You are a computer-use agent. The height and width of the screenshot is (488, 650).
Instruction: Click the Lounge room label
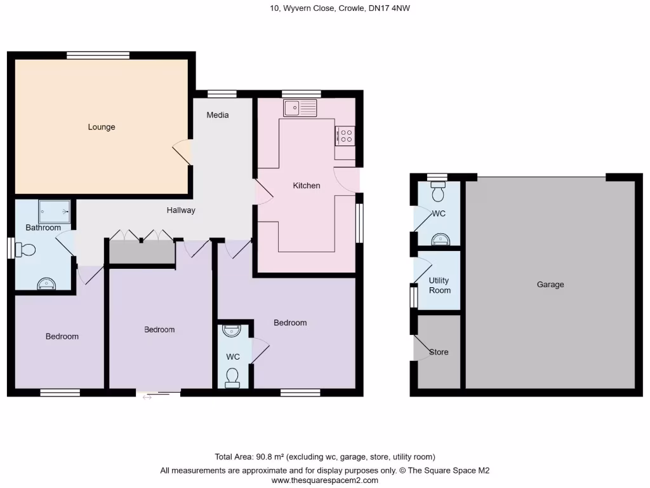click(102, 127)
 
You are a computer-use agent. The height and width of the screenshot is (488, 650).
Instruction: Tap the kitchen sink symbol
click(300, 109)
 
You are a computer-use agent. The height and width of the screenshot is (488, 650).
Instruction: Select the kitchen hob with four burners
click(345, 136)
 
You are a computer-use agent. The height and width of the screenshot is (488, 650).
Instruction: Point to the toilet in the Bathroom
click(26, 249)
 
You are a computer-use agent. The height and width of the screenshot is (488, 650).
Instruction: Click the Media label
click(218, 115)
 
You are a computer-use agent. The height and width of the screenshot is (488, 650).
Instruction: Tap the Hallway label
click(181, 210)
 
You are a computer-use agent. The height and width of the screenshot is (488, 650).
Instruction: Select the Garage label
click(550, 285)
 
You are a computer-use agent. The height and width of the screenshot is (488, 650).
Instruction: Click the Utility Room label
click(439, 285)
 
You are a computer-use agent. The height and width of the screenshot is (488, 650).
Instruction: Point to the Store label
click(439, 352)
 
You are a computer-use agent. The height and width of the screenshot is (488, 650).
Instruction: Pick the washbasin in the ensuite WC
click(233, 331)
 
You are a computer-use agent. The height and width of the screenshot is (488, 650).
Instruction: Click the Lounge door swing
click(182, 152)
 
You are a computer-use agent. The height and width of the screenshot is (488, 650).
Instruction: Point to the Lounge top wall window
click(98, 55)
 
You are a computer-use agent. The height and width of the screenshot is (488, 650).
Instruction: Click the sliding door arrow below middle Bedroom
click(147, 398)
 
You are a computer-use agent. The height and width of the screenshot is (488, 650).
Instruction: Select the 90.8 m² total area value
click(272, 457)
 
